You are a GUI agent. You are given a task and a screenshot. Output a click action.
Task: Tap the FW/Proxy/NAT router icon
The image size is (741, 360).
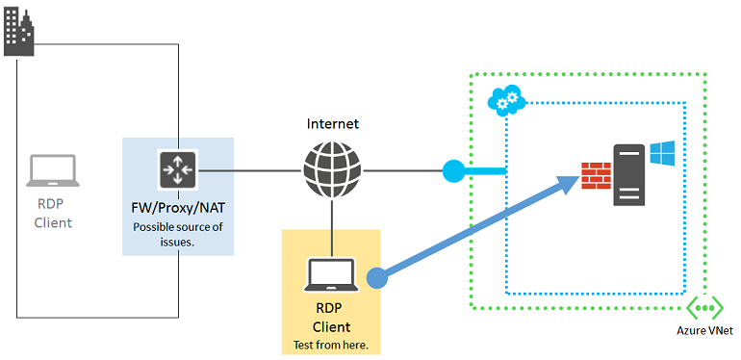(178, 169)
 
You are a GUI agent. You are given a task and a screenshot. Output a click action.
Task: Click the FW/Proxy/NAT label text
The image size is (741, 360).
(178, 208)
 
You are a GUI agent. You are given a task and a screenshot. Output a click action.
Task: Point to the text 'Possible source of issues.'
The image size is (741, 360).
(178, 235)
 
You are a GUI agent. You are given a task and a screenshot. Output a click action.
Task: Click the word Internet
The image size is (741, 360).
(332, 124)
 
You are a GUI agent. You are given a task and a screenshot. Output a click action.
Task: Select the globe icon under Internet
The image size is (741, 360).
(331, 170)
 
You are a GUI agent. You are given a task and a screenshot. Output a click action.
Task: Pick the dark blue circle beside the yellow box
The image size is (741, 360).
(378, 277)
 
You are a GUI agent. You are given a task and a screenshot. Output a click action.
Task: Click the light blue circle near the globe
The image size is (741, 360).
(453, 171)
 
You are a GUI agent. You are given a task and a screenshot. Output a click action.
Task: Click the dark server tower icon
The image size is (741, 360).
(630, 173)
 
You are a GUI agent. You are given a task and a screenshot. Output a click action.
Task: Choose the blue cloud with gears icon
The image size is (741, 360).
(505, 98)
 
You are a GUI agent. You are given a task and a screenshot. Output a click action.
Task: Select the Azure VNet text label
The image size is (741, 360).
(704, 332)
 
